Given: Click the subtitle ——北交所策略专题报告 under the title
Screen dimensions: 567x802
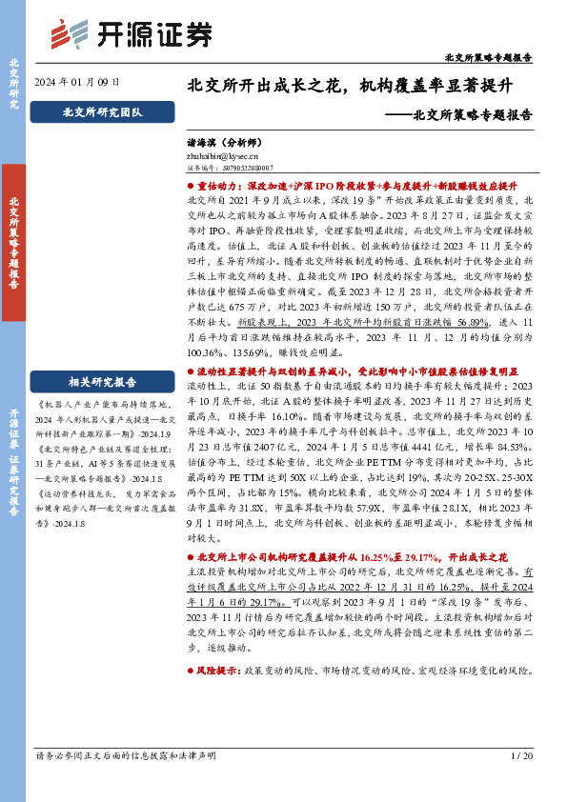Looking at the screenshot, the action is tap(464, 115).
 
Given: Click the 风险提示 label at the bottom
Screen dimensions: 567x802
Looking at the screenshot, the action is tap(214, 672).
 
